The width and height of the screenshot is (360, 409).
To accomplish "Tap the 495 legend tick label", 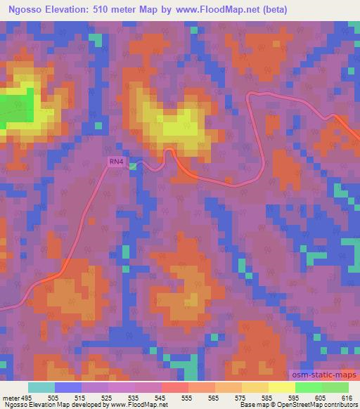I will tap(25, 397).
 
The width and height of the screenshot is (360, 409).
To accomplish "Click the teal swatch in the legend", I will tap(41, 387).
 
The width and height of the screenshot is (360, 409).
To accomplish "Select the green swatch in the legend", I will tap(309, 387).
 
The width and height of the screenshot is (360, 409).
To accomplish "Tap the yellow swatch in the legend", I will tap(282, 387).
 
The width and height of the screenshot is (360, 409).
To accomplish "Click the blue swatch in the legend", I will tap(68, 387).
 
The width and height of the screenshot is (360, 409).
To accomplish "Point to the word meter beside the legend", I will tap(8, 397).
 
